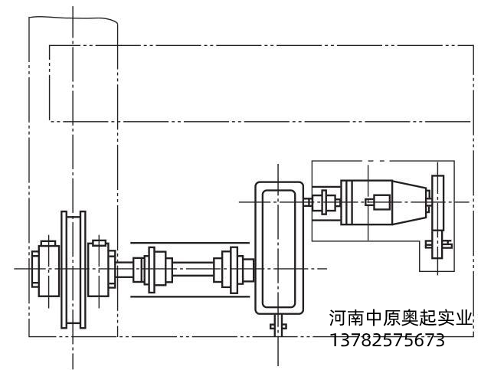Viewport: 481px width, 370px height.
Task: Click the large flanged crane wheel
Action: coord(74,269)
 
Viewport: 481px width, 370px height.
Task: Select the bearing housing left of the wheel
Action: coord(45,269)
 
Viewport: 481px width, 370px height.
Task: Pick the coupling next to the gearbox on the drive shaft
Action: coord(231,269)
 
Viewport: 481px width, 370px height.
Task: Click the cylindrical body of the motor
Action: coord(368,202)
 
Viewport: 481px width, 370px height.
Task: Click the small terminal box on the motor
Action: coord(379,203)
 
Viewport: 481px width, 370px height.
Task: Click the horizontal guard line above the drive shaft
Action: coord(191,242)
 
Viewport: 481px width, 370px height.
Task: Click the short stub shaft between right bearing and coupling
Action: coord(125,269)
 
